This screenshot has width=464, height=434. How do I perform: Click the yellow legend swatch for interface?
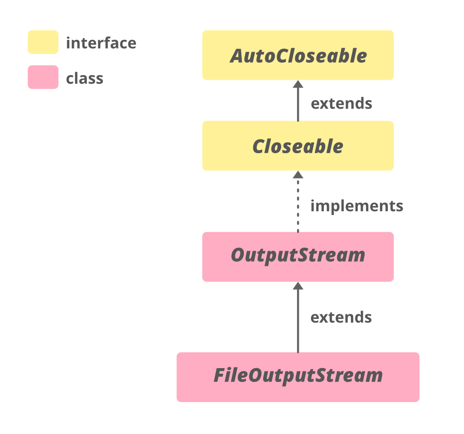43,42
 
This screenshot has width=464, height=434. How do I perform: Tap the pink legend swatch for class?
43,77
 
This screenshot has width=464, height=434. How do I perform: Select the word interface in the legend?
101,43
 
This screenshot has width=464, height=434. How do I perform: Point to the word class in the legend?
84,78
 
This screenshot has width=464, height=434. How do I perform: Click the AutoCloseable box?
298,55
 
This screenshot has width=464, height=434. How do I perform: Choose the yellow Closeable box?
298,146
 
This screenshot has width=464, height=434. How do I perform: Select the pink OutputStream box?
298,257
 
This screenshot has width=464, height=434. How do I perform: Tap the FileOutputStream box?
298,377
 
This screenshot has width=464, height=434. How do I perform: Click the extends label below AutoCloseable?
342,103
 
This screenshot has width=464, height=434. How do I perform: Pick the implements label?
357,206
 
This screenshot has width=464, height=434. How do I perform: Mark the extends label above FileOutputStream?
341,317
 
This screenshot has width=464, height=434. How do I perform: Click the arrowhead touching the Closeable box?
298,175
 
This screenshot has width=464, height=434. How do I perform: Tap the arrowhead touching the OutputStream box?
298,285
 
